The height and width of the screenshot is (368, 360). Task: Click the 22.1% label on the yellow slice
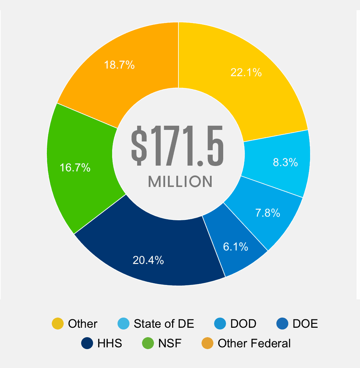(x=246, y=72)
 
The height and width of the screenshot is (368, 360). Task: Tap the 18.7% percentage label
(x=119, y=65)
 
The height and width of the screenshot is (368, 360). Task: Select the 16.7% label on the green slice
(x=75, y=168)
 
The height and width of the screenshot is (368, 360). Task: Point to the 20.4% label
(x=148, y=260)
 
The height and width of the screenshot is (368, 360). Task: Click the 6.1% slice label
(x=235, y=247)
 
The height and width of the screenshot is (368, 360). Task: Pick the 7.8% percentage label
(x=268, y=213)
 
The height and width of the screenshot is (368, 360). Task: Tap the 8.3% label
(x=285, y=162)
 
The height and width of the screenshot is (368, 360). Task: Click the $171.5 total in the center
(x=177, y=147)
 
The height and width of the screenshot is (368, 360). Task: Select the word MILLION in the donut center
(x=180, y=182)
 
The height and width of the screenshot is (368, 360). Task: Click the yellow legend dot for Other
(x=57, y=324)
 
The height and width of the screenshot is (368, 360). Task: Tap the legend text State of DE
(x=164, y=324)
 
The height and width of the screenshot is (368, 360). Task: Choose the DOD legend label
(x=243, y=324)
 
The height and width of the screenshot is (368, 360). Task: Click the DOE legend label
(x=305, y=324)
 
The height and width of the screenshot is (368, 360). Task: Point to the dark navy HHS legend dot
(x=87, y=343)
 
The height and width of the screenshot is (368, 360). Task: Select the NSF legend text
(x=170, y=343)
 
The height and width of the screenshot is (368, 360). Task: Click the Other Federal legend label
(x=254, y=343)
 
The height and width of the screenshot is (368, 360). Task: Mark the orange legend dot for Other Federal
(x=207, y=343)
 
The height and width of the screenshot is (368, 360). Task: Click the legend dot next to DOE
(x=282, y=324)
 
